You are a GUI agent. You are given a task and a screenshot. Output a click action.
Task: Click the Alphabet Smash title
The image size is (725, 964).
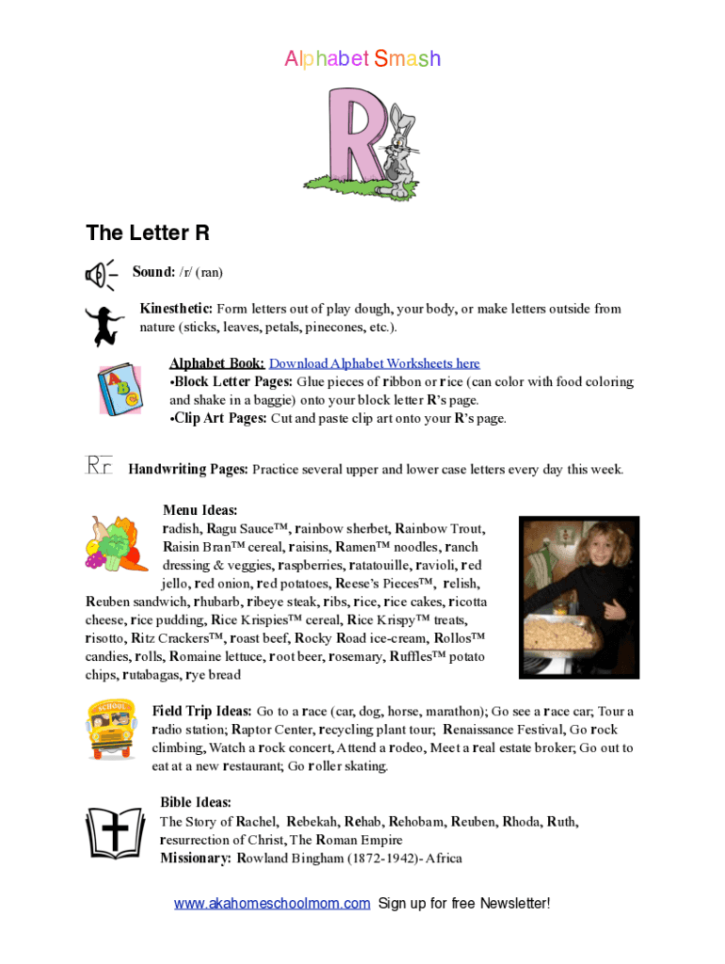[362, 59]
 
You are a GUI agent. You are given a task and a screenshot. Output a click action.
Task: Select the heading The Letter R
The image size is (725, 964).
[148, 233]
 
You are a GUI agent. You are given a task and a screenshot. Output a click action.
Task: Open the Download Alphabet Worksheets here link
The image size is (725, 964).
[375, 363]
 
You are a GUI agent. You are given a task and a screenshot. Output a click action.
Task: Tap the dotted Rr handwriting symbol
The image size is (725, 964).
[99, 466]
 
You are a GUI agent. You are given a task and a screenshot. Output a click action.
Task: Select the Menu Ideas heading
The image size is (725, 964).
[200, 510]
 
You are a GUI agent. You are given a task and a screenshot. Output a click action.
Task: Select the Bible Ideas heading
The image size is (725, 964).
[196, 802]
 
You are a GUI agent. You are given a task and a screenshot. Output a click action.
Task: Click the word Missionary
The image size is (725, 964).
[195, 858]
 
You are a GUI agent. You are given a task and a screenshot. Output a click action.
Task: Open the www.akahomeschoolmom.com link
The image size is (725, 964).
[272, 904]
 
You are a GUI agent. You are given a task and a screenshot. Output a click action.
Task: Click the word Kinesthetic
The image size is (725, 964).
[176, 309]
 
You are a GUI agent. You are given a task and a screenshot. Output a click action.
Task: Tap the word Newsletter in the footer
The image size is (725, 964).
[514, 904]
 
